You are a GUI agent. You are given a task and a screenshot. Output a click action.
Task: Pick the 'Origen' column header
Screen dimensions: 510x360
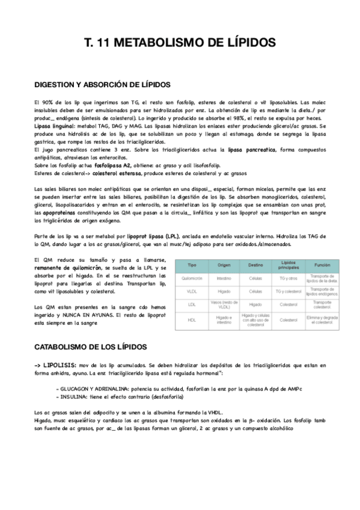tap(224, 265)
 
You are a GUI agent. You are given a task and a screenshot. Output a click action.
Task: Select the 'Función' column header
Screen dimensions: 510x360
tap(322, 265)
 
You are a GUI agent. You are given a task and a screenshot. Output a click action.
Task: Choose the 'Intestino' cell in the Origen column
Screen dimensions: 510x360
tap(224, 278)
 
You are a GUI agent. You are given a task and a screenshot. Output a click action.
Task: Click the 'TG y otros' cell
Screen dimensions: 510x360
tap(289, 278)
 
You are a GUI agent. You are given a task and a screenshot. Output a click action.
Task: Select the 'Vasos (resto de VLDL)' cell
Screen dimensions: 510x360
tap(224, 304)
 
